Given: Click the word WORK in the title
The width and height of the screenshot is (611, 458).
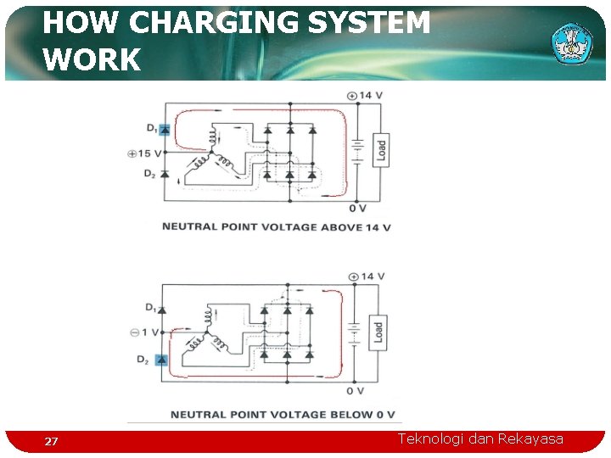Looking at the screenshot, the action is click(x=92, y=60).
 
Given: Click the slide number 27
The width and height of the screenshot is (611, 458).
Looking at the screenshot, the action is click(x=52, y=442).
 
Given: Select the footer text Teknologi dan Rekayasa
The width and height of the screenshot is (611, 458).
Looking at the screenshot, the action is click(x=480, y=438).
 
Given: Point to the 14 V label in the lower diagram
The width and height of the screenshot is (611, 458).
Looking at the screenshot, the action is click(x=367, y=276).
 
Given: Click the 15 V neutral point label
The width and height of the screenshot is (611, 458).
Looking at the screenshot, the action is click(x=143, y=154).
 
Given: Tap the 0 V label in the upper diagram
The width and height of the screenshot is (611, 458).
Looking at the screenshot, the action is click(x=357, y=209).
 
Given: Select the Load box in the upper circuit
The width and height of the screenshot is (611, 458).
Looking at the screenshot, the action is click(x=381, y=150).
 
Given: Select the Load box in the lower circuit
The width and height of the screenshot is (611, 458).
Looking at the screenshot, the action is click(x=378, y=332).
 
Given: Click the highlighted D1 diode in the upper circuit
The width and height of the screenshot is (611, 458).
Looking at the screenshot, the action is click(x=165, y=130).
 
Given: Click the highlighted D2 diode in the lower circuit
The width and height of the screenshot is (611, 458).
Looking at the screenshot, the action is click(x=163, y=360).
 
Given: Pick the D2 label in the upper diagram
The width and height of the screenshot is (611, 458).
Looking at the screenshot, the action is click(x=149, y=174).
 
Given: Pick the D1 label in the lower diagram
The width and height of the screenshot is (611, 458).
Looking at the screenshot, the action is click(x=150, y=306).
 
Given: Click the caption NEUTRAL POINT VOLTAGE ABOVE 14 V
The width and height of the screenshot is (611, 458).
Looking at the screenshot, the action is click(x=276, y=227).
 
